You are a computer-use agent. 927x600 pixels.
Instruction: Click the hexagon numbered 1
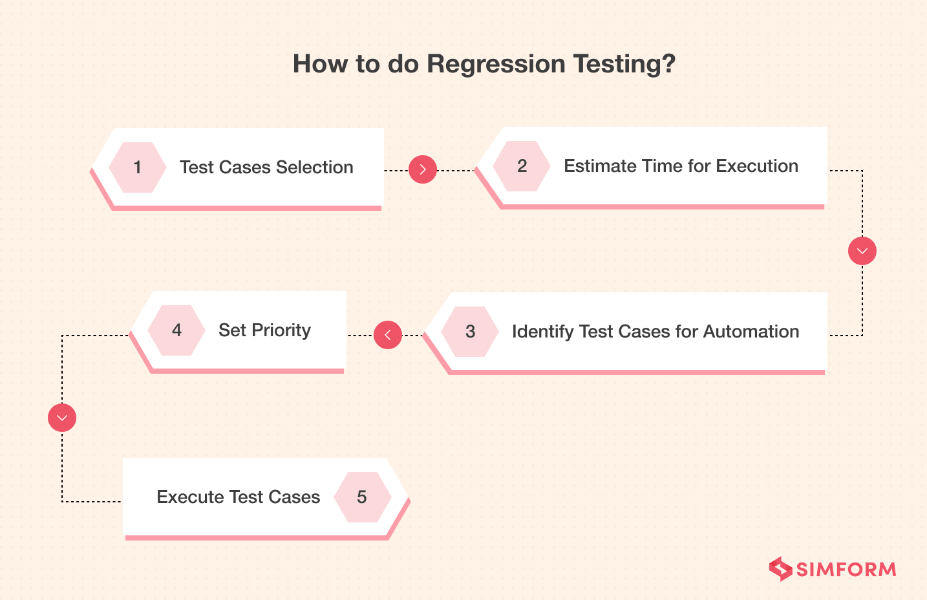tap(137, 167)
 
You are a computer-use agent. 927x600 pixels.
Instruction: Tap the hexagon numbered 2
tap(522, 166)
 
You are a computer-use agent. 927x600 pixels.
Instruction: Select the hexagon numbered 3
tap(470, 332)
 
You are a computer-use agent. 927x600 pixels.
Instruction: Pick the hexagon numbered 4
tap(176, 330)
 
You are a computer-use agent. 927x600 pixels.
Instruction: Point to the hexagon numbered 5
tap(362, 497)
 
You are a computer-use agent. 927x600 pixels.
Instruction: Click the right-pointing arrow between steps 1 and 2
tap(423, 169)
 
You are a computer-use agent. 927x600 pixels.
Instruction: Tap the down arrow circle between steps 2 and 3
tap(862, 251)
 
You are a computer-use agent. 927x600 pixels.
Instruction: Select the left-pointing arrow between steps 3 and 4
tap(388, 335)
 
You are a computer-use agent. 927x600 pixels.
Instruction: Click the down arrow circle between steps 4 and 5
tap(62, 418)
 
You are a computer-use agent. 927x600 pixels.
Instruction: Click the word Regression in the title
tap(496, 64)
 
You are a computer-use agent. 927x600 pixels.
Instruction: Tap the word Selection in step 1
tap(315, 167)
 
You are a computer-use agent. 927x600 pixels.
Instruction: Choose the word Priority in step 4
tap(281, 330)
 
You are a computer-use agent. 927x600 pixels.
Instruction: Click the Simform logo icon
tap(780, 569)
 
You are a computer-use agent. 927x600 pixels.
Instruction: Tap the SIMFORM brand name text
tap(846, 570)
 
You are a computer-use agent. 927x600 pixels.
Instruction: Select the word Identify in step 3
tap(542, 332)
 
